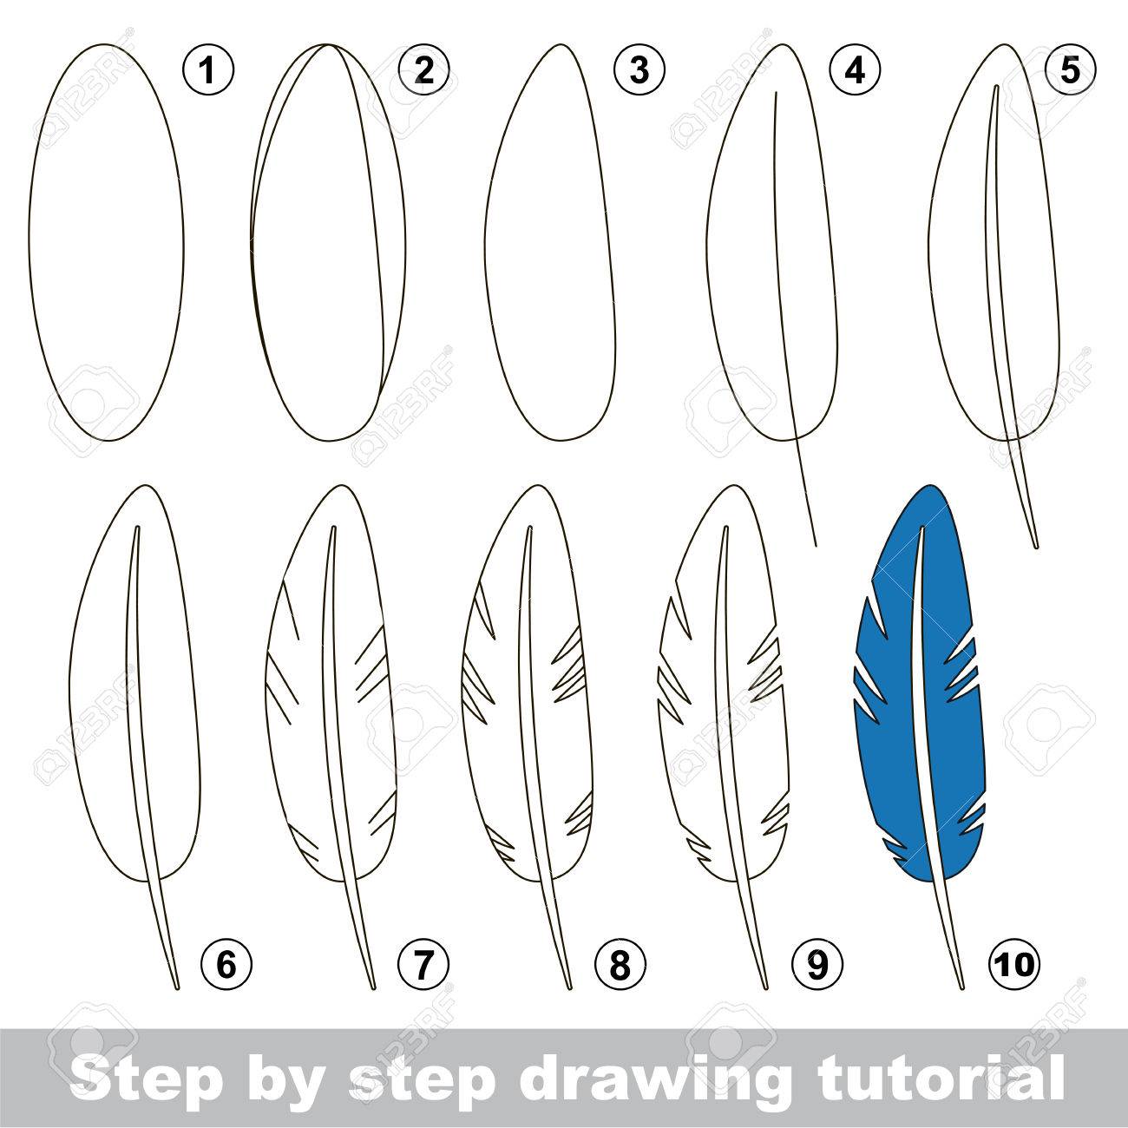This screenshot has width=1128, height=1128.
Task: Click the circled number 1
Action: coord(207,71)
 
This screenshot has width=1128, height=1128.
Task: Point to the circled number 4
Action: coord(856,71)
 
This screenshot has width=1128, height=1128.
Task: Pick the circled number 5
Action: coord(1071,71)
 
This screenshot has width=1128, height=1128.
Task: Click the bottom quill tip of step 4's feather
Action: coord(816,546)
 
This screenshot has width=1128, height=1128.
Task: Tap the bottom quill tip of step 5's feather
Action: coord(1037,548)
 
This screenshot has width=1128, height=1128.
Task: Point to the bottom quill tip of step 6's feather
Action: coord(178,989)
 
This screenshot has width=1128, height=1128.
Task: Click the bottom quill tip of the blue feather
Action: coord(962,989)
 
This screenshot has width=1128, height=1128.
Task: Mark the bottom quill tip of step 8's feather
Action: coord(571,989)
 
